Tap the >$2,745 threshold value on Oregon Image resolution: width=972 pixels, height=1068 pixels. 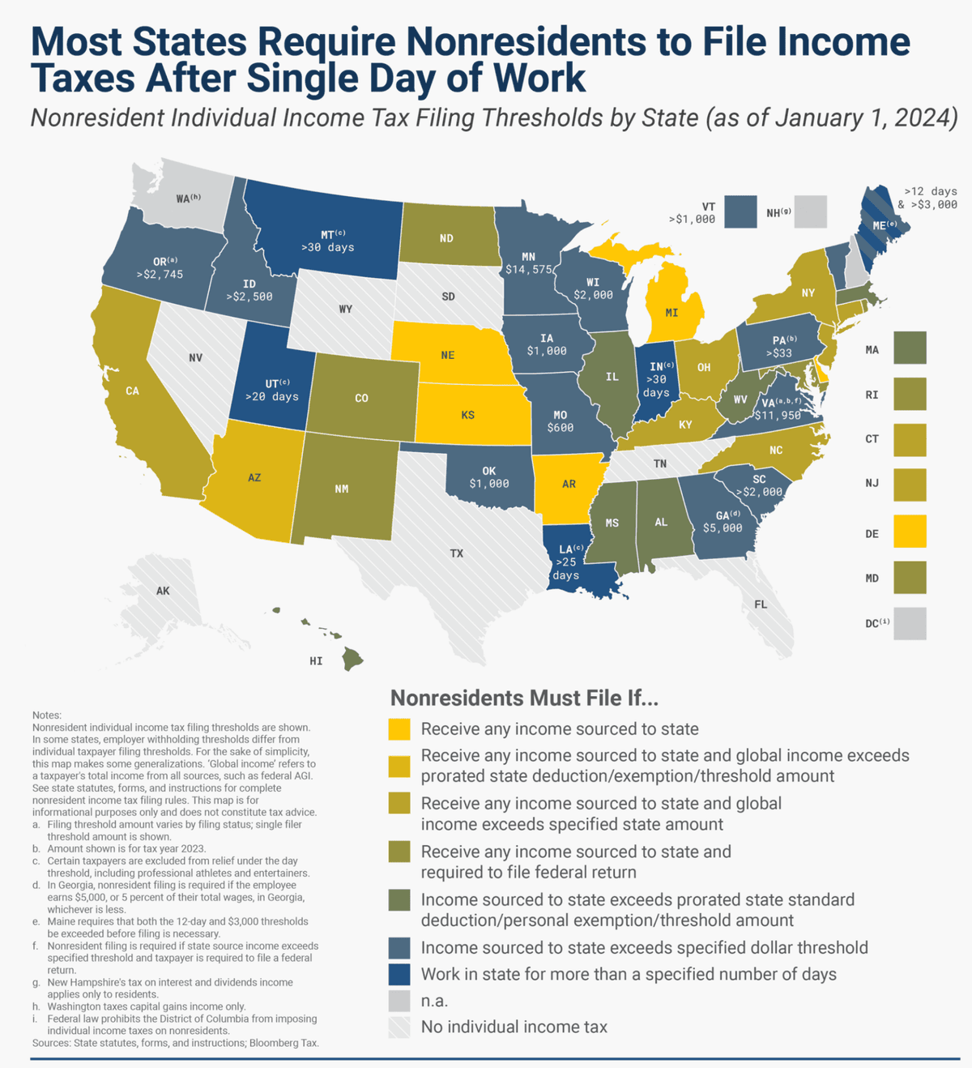pos(160,274)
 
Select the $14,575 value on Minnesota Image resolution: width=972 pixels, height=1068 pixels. pos(529,269)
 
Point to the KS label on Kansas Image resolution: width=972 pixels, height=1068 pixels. pos(468,415)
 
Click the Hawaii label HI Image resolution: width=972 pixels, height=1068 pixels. pos(316,660)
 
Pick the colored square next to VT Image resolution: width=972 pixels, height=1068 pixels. pos(740,211)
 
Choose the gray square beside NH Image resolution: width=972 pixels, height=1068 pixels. pos(810,211)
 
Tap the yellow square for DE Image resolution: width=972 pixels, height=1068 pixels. pos(910,531)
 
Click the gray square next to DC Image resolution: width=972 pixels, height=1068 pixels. pos(910,623)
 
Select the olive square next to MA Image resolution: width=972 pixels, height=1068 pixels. pos(910,348)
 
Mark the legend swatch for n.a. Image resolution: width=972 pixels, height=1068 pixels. pos(399,1001)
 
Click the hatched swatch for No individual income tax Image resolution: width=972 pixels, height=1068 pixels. pos(399,1027)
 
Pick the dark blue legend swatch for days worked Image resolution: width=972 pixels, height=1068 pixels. pos(399,974)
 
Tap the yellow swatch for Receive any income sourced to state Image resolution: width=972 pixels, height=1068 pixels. pos(399,728)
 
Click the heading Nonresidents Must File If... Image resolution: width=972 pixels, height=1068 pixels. pos(524,698)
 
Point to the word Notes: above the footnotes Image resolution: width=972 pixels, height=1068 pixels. pos(47,715)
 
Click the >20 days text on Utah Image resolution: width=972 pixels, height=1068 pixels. pos(272,396)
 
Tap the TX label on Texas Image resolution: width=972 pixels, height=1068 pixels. pos(456,553)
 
